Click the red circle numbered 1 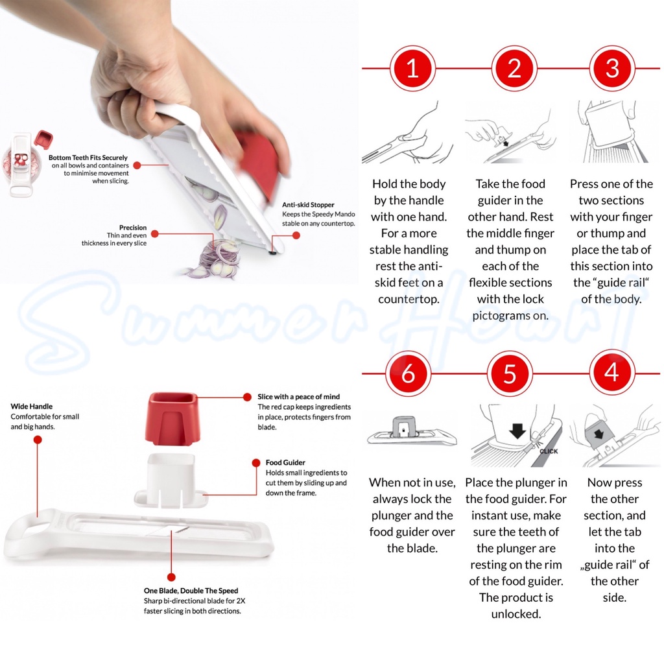click(x=412, y=68)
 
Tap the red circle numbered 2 click(x=514, y=68)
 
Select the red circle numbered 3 click(x=612, y=68)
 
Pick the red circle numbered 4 click(x=612, y=373)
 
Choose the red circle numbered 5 click(x=510, y=373)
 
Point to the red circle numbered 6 click(x=409, y=373)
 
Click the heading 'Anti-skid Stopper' click(x=308, y=205)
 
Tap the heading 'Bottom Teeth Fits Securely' click(x=88, y=158)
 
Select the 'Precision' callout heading click(x=133, y=228)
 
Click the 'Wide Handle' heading click(x=32, y=406)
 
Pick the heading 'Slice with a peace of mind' click(x=298, y=397)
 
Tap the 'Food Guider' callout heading click(x=285, y=462)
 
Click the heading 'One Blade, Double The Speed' click(x=191, y=591)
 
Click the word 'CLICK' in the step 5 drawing click(x=549, y=451)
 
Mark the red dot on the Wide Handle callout click(x=38, y=440)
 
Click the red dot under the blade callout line click(x=171, y=576)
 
